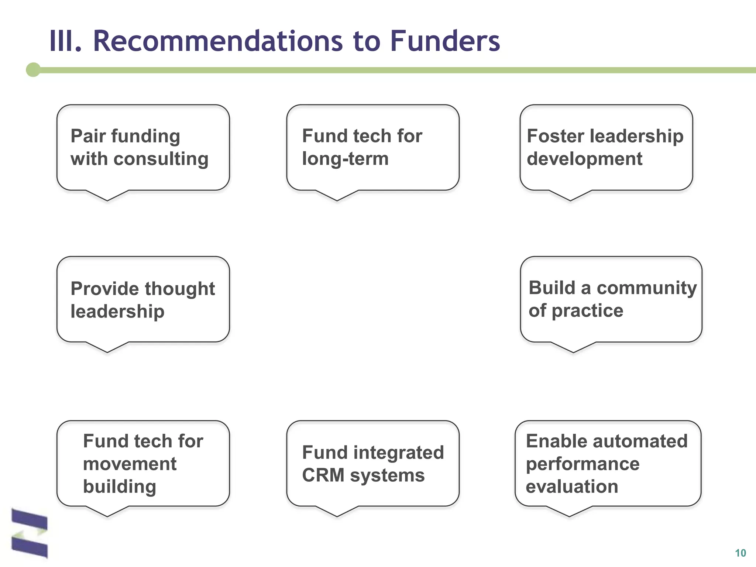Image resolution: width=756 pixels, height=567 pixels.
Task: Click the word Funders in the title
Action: (445, 41)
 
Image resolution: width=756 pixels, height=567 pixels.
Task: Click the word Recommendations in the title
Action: (218, 41)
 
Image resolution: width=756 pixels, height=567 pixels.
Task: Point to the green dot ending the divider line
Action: (33, 70)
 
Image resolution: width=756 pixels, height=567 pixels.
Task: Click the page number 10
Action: (740, 553)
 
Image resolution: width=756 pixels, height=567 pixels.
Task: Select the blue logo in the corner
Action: (30, 533)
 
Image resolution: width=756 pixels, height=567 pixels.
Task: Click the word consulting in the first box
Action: (161, 159)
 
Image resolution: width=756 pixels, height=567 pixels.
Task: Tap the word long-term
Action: (345, 159)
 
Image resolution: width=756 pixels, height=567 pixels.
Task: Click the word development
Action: (584, 159)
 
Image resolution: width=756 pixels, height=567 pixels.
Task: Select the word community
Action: (647, 288)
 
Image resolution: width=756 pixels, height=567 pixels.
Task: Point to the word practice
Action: (587, 310)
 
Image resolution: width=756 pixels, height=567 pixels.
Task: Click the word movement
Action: (130, 464)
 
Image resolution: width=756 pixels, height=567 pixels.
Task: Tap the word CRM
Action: (323, 475)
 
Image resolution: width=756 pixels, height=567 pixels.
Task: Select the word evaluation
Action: (572, 487)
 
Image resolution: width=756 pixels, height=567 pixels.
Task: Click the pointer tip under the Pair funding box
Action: (107, 200)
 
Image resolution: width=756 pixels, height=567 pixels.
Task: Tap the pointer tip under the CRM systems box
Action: (337, 515)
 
